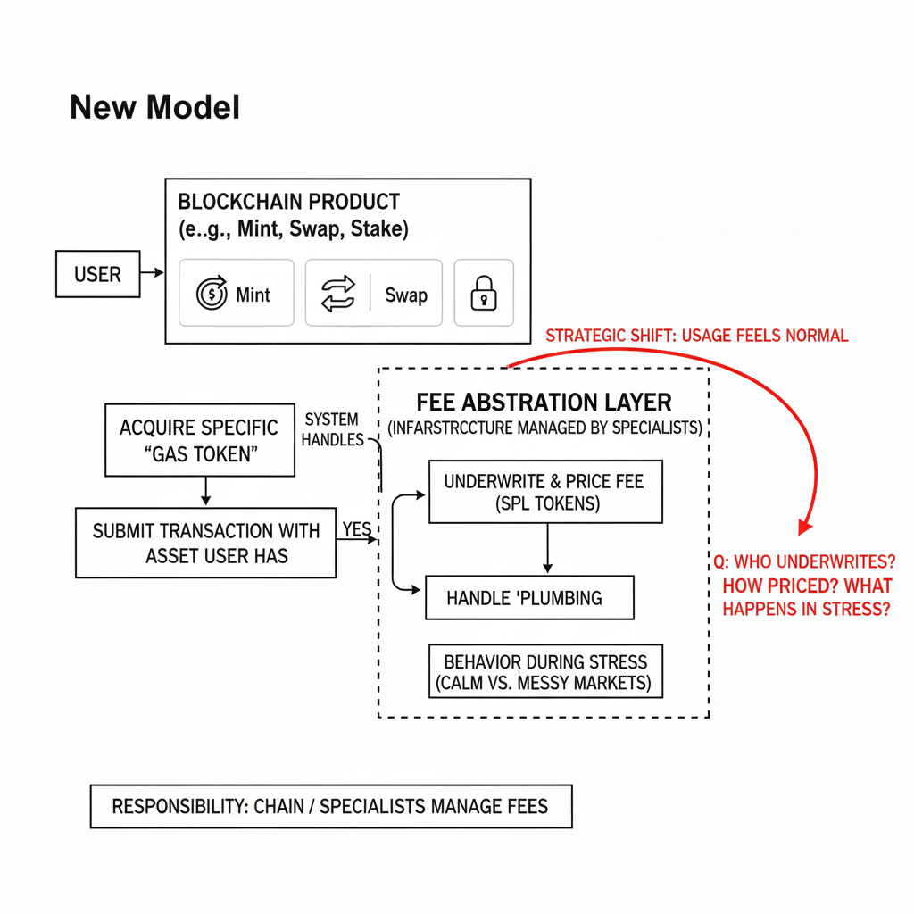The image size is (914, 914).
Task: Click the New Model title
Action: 154,108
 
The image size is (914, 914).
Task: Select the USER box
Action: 97,274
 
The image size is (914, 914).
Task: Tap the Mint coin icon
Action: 212,294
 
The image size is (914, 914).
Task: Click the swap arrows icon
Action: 337,294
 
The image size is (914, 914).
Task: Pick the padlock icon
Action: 484,293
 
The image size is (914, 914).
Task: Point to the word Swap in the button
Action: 406,295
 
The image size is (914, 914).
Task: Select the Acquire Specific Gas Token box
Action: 199,440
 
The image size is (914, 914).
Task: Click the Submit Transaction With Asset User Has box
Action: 205,543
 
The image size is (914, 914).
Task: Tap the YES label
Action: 357,529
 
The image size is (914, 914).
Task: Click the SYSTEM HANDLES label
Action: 333,429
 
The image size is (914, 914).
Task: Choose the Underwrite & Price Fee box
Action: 544,492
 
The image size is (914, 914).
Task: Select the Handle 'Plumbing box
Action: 529,598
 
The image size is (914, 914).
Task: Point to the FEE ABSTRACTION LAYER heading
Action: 544,402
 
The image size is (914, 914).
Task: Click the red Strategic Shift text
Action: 696,337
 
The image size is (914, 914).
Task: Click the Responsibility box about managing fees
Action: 330,807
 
